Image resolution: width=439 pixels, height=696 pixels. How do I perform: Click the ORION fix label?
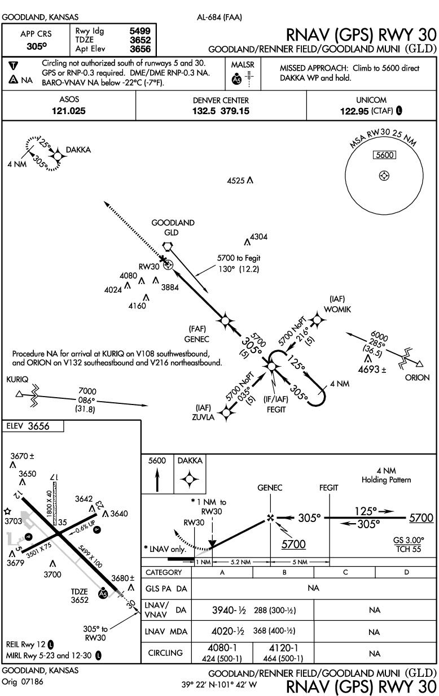click(417, 377)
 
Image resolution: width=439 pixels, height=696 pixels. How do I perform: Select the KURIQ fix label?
click(17, 380)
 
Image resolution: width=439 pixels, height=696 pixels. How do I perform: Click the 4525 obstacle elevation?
click(235, 181)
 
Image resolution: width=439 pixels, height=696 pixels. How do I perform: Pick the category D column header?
click(406, 572)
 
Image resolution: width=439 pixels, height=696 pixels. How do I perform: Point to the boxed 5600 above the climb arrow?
click(157, 460)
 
